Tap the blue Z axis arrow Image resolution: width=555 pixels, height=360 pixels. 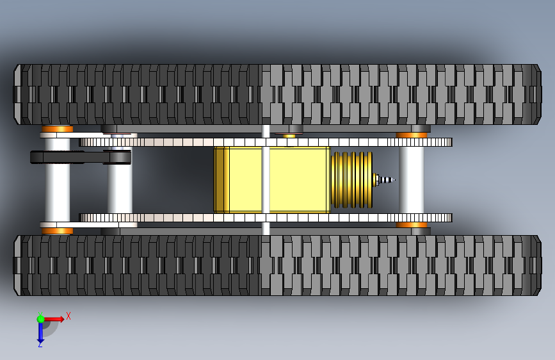tap(40, 332)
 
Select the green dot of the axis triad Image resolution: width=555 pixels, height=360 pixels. tap(40, 318)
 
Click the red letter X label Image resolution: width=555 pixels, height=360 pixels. tap(68, 316)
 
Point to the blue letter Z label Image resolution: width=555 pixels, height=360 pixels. tap(40, 345)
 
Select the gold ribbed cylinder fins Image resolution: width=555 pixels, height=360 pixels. tap(351, 180)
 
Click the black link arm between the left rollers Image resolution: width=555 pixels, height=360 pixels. tap(80, 156)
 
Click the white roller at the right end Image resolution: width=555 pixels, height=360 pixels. tap(411, 180)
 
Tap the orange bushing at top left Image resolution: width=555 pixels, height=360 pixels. tap(58, 129)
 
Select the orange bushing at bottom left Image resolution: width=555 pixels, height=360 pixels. tap(58, 231)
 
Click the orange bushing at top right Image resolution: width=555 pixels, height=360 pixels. tap(412, 135)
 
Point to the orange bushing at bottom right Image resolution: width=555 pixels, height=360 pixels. tap(412, 225)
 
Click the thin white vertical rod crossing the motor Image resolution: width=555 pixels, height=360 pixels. tap(266, 180)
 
